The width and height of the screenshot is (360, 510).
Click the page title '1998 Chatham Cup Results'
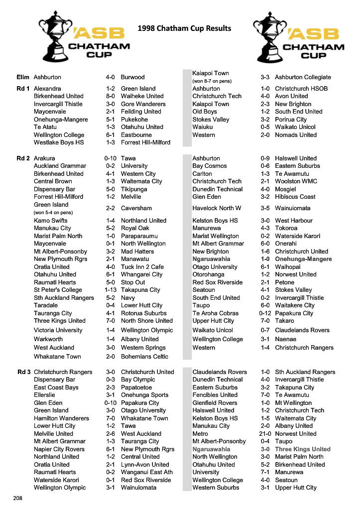tap(184, 28)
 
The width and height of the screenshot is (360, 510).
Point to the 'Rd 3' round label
tap(23, 372)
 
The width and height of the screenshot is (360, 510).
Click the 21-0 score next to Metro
tap(265, 434)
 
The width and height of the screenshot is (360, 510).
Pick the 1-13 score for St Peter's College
tap(110, 290)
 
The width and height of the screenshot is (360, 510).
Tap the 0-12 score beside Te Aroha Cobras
tap(265, 313)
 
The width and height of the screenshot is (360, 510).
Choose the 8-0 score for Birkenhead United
tap(110, 96)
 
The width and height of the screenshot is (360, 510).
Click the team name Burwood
tap(132, 77)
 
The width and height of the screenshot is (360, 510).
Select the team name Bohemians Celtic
tap(144, 357)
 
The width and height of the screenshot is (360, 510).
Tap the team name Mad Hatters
tap(138, 252)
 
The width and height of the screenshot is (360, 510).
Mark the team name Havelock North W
tap(217, 208)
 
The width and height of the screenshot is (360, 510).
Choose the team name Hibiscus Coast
tap(295, 197)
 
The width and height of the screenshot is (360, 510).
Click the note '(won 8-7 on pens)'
tap(212, 81)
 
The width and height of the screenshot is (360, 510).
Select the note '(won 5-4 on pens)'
tap(53, 212)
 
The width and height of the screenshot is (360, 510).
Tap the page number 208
tap(18, 498)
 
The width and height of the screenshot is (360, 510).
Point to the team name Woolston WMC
tap(296, 181)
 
